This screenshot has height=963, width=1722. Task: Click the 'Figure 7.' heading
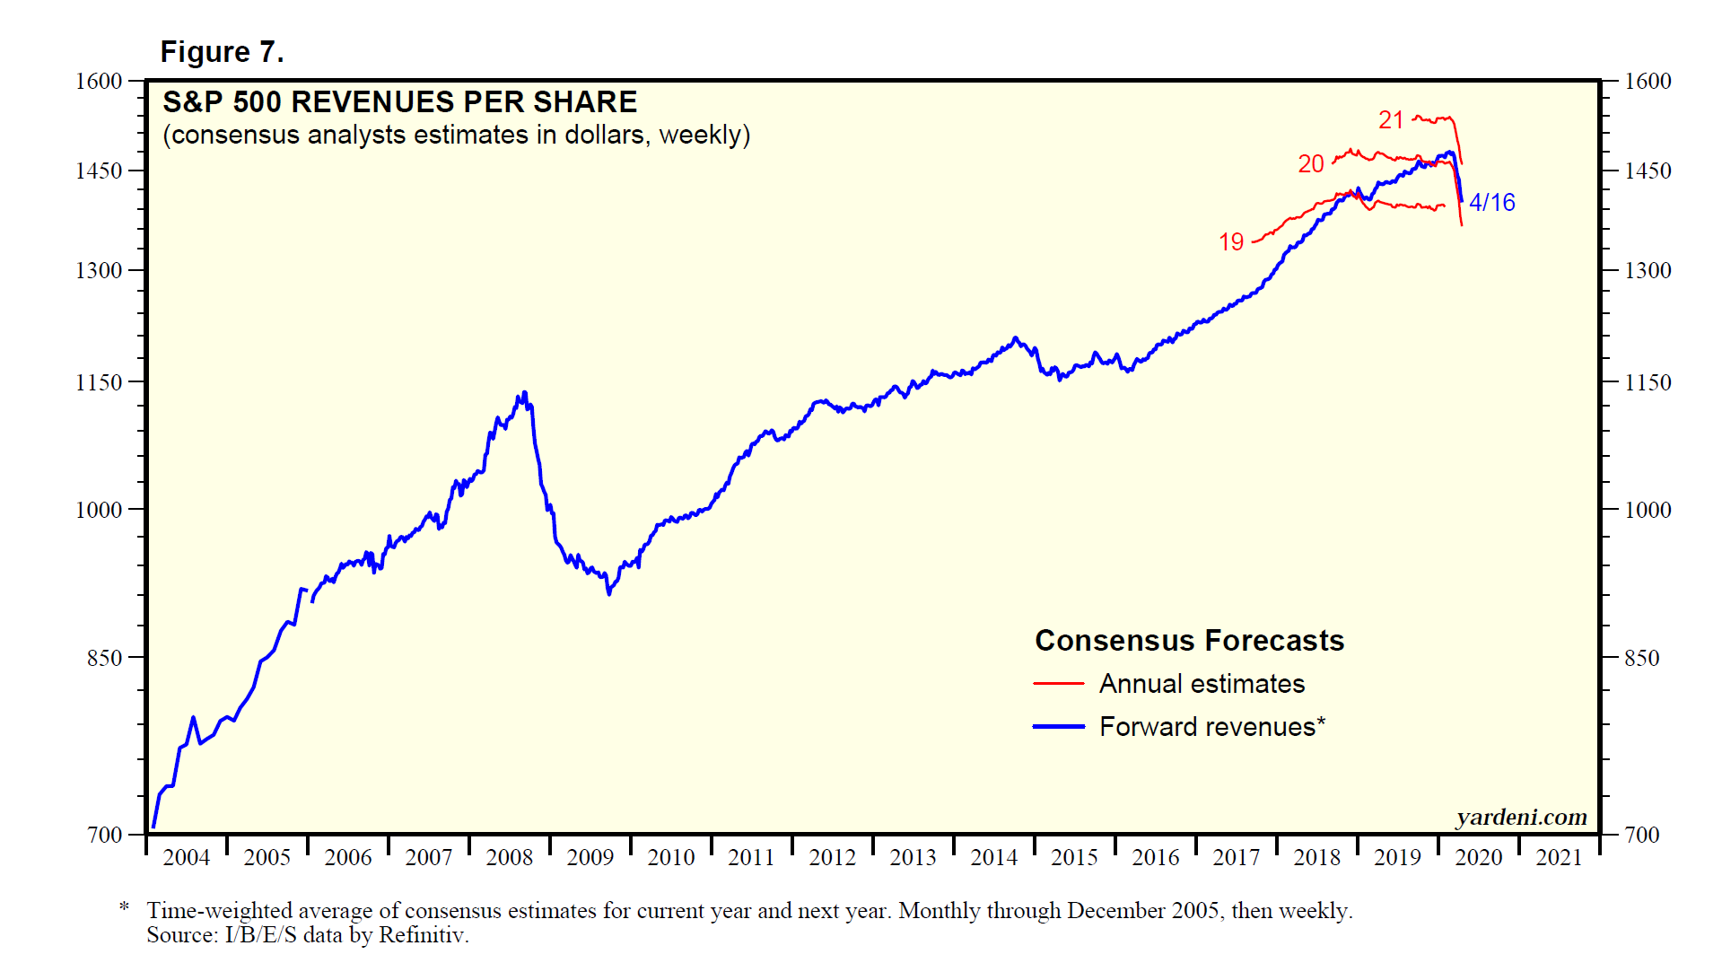222,52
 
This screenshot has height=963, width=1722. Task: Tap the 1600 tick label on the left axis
99,82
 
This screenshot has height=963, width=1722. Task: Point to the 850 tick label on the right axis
1641,658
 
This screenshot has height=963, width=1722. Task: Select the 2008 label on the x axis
509,858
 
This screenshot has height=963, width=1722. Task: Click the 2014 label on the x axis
993,858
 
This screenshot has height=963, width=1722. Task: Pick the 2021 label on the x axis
1559,858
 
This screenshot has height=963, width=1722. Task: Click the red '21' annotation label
1391,120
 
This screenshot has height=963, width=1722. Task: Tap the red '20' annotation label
1311,164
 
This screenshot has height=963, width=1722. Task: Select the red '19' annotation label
1231,242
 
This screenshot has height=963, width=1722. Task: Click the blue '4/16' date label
1491,203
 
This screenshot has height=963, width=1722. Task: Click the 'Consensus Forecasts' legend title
1189,641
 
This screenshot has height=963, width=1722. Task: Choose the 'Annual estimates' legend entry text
1202,684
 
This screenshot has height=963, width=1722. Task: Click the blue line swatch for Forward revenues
1059,727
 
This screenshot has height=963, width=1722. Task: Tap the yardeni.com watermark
1521,818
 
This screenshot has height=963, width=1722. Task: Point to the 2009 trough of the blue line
608,593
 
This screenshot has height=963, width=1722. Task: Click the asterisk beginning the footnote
124,908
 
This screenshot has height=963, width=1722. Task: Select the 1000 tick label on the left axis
99,510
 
